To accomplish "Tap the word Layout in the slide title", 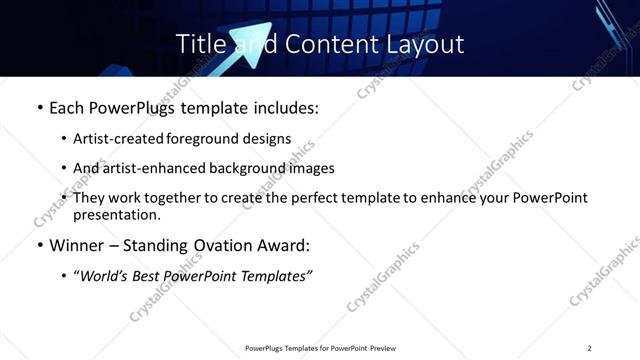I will coord(424,45).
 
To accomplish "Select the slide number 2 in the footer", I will coord(589,348).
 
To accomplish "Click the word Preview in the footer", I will coord(383,348).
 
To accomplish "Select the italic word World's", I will coord(106,275).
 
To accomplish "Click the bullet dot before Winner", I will coord(39,243).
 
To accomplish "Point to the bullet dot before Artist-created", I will coord(64,138).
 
